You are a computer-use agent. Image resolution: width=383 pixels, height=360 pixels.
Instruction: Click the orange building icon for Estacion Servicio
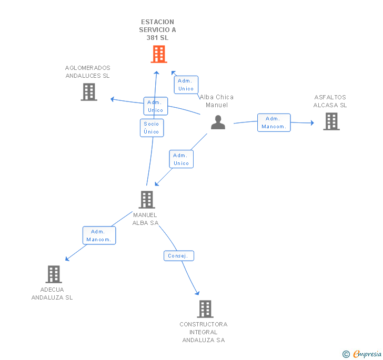[158, 54]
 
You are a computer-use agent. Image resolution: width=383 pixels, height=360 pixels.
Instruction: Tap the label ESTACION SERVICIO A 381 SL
[157, 30]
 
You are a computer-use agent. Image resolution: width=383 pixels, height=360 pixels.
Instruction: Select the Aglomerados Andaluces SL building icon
[89, 92]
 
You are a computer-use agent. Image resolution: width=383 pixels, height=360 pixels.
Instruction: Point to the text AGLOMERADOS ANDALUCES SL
[87, 72]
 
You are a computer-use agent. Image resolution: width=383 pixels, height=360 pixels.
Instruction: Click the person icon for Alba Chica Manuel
[218, 122]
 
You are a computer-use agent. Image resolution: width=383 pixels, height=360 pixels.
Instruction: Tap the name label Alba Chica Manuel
[216, 101]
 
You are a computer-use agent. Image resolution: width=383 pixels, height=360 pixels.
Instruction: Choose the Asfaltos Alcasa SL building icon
[331, 121]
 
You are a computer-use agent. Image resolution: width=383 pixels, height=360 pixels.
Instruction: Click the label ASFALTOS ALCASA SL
[330, 101]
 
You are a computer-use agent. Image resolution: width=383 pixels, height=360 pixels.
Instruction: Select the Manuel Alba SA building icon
[146, 199]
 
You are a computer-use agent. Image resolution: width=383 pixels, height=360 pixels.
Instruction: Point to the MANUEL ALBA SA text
[145, 219]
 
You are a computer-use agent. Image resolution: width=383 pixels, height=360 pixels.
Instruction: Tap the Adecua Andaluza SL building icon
[53, 274]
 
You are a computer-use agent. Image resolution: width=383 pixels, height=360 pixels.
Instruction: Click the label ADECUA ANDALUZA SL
[52, 293]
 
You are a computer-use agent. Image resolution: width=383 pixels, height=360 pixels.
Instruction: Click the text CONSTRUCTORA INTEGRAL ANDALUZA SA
[204, 332]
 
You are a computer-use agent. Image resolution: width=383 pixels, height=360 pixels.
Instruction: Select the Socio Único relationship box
[152, 128]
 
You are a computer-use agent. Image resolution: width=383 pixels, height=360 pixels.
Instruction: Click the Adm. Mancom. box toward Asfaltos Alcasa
[274, 122]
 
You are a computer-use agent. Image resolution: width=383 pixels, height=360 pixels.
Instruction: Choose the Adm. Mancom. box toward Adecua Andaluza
[99, 235]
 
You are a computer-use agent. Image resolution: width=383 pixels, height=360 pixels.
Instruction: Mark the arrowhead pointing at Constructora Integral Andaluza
[197, 293]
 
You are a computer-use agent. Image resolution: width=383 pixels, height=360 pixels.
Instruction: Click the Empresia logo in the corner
[362, 354]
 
